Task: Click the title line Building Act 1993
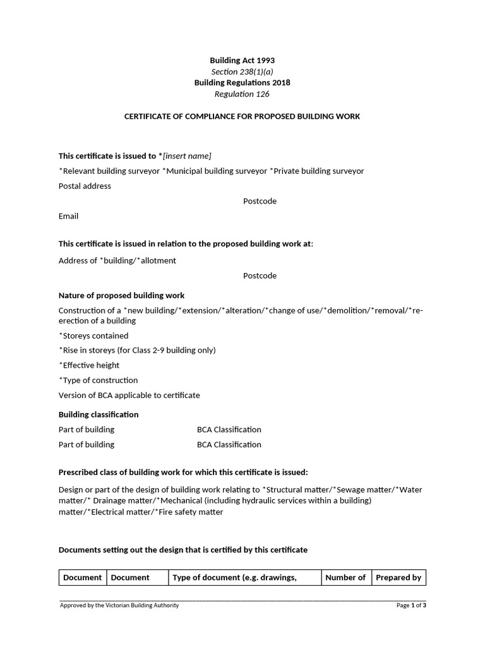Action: (x=242, y=61)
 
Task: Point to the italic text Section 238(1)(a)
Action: (x=242, y=72)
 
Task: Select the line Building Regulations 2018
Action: (x=242, y=83)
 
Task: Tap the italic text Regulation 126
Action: (x=242, y=94)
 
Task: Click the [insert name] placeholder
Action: (x=187, y=156)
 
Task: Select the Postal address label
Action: (x=85, y=186)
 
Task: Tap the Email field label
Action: (x=68, y=216)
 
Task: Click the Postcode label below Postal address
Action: (x=260, y=202)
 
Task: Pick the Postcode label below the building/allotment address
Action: (x=260, y=276)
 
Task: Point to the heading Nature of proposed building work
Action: (x=121, y=296)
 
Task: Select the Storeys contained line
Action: (x=94, y=336)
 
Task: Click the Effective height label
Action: (x=90, y=365)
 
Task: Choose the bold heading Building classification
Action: (x=99, y=414)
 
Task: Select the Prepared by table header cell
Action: (x=398, y=577)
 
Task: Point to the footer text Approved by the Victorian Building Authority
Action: (x=119, y=605)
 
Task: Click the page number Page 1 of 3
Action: (x=411, y=605)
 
